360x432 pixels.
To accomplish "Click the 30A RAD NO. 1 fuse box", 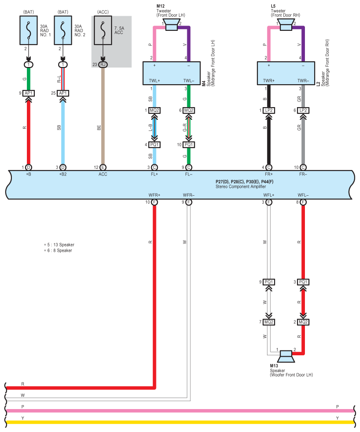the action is click(x=28, y=30).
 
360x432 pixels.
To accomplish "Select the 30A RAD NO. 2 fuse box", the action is click(x=63, y=30).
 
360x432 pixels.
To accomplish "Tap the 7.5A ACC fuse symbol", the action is click(x=103, y=30).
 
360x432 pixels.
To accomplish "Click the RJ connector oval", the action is click(x=103, y=64).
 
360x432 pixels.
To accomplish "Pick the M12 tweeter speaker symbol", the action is click(x=171, y=25).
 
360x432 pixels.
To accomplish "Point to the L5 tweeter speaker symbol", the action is click(x=286, y=25).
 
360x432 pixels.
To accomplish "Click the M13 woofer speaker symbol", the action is click(x=286, y=356).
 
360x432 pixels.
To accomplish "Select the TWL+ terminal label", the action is click(x=154, y=81).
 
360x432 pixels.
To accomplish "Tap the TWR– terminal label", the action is click(x=303, y=81).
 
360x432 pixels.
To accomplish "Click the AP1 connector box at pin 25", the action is click(x=63, y=93).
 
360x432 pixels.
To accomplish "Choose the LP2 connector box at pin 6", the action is click(x=303, y=110).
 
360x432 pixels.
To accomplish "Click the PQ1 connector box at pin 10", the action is click(x=189, y=145).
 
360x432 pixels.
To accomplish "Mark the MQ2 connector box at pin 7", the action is click(x=269, y=322).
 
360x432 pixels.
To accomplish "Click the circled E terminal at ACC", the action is click(x=103, y=167).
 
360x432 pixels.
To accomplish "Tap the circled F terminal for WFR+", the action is click(x=155, y=202).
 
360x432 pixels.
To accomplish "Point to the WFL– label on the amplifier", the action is click(x=303, y=195).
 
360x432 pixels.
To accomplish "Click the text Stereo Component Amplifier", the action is click(x=241, y=186).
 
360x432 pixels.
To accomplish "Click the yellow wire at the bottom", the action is click(x=180, y=422).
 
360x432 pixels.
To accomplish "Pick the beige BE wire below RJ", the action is click(x=103, y=116).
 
